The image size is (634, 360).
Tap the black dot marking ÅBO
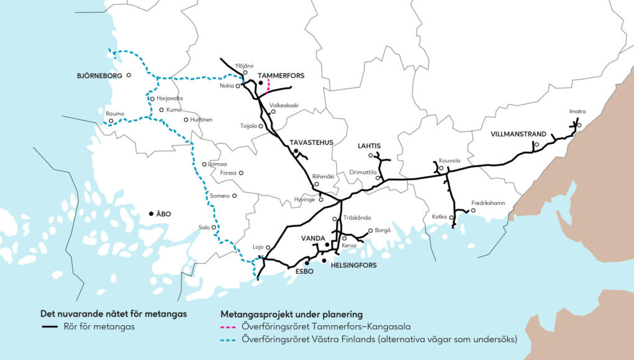click(151, 214)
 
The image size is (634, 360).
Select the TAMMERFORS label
click(281, 76)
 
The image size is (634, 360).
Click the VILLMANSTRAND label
click(519, 134)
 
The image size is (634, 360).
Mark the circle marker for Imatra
click(579, 125)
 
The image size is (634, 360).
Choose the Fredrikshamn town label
click(488, 203)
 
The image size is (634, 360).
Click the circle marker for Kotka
click(451, 217)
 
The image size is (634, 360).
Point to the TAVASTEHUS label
click(311, 142)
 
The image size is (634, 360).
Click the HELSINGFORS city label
click(353, 265)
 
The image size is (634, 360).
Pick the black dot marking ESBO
click(307, 263)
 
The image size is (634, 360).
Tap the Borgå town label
click(383, 230)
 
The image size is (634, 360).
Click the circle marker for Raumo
click(111, 121)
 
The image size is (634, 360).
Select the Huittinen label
click(200, 119)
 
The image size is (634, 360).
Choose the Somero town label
click(220, 196)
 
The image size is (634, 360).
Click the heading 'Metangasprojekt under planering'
click(291, 314)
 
